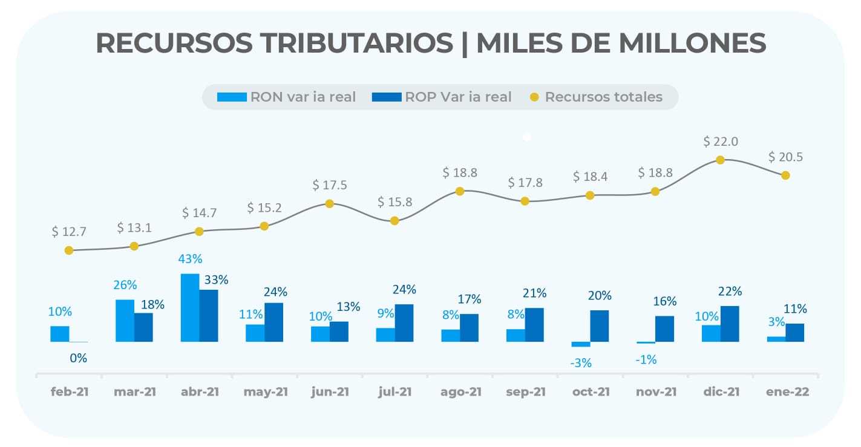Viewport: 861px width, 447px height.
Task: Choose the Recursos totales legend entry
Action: coord(596,97)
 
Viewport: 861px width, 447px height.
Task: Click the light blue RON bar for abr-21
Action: coord(190,308)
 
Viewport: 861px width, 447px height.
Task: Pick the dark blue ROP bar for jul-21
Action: coord(404,323)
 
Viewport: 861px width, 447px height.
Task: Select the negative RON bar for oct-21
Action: coord(581,344)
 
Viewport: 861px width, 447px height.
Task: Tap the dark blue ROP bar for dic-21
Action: coord(730,324)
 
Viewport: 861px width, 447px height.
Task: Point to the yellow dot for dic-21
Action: coord(720,160)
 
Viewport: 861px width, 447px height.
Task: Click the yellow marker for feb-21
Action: coord(69,250)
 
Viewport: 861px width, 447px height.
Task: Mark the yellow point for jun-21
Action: coord(330,204)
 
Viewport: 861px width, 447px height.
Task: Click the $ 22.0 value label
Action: coord(720,142)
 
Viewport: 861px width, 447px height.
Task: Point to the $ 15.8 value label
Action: coord(394,202)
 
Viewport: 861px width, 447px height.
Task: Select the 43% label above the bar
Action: coord(190,258)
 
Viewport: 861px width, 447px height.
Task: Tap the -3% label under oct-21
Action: coord(581,363)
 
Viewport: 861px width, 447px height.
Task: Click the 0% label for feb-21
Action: coord(79,358)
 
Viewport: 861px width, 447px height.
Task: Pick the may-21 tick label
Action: coord(266,392)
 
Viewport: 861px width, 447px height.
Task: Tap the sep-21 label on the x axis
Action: coord(525,392)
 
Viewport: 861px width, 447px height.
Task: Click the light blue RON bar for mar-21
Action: coord(125,321)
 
